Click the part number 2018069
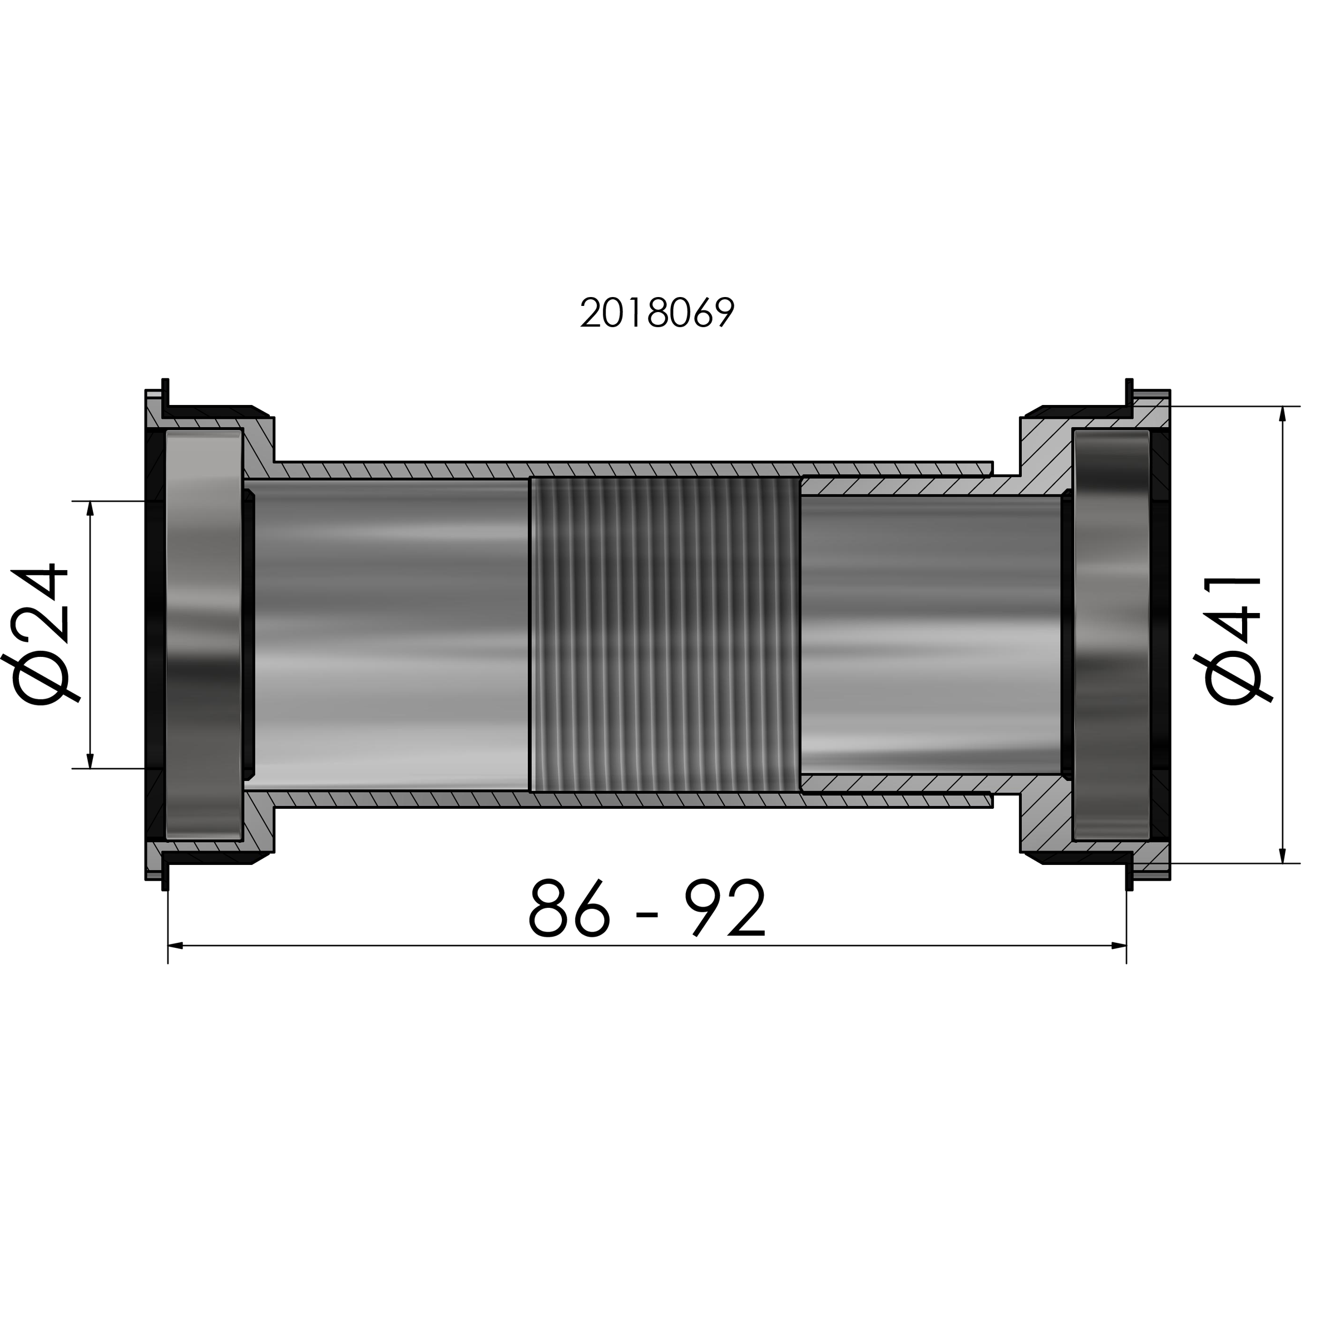656,314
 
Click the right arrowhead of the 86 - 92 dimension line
1119,945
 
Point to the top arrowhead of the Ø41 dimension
1283,414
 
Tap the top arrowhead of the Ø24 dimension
90,508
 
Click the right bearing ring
1111,634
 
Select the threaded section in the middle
664,634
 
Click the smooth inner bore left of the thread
390,634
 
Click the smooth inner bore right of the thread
929,634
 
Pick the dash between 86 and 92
647,915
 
